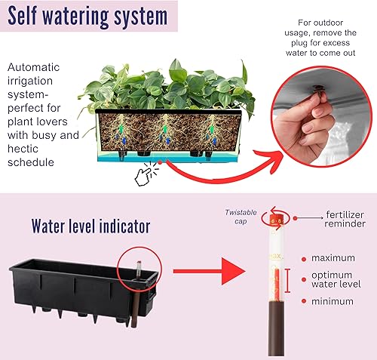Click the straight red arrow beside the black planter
[198, 269]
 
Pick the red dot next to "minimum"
[302, 301]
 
